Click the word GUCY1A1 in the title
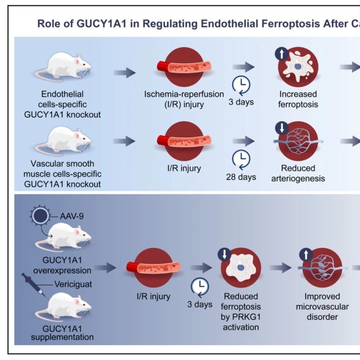click(x=101, y=24)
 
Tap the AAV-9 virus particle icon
click(x=40, y=216)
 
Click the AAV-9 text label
click(x=72, y=216)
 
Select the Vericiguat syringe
click(x=34, y=285)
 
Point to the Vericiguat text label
click(x=73, y=284)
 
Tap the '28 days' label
click(x=241, y=177)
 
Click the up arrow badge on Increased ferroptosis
click(x=282, y=54)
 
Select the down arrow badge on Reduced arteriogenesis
click(x=282, y=128)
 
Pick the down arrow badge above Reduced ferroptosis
click(x=224, y=254)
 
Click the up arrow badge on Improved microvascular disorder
click(x=306, y=254)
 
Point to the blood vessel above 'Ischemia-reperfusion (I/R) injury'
click(x=184, y=67)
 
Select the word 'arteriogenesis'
click(x=298, y=178)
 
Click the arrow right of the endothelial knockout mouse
click(x=124, y=73)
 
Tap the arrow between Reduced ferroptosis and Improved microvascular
click(x=281, y=268)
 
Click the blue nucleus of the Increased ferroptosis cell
click(x=298, y=67)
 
